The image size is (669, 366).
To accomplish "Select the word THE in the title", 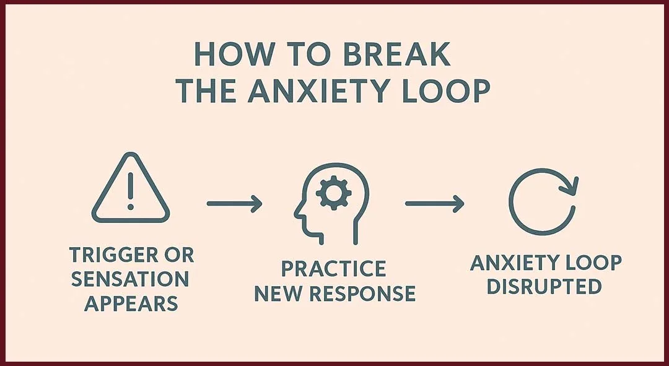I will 208,91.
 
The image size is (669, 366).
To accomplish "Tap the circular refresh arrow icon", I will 543,199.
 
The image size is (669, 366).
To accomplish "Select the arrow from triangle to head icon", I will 234,204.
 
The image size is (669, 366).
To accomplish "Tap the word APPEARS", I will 131,304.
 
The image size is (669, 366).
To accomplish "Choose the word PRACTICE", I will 334,269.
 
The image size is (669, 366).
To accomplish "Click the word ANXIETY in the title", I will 316,91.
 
